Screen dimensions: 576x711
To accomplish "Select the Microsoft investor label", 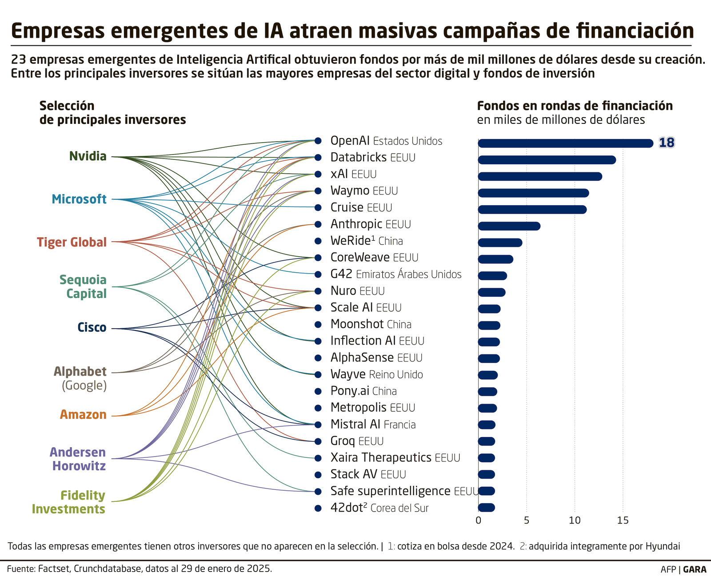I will (79, 199).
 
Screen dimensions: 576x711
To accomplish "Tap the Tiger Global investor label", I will (72, 242).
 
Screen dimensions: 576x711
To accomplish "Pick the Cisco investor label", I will (92, 328).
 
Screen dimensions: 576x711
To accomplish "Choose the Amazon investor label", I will (83, 415).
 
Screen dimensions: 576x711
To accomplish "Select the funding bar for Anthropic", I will (509, 226).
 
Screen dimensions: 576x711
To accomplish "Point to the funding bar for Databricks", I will (547, 160).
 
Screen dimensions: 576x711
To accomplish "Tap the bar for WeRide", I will (500, 242).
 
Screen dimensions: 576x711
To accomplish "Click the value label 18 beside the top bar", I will (667, 143).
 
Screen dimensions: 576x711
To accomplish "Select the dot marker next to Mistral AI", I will (318, 425).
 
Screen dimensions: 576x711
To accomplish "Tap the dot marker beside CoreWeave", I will (318, 258).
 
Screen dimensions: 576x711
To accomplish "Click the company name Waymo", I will (350, 191).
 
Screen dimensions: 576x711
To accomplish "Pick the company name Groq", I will (343, 441).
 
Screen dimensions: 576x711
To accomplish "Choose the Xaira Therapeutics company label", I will (381, 457).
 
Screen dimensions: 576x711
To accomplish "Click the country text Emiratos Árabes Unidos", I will (408, 274).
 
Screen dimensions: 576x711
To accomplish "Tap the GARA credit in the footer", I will (695, 569).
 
